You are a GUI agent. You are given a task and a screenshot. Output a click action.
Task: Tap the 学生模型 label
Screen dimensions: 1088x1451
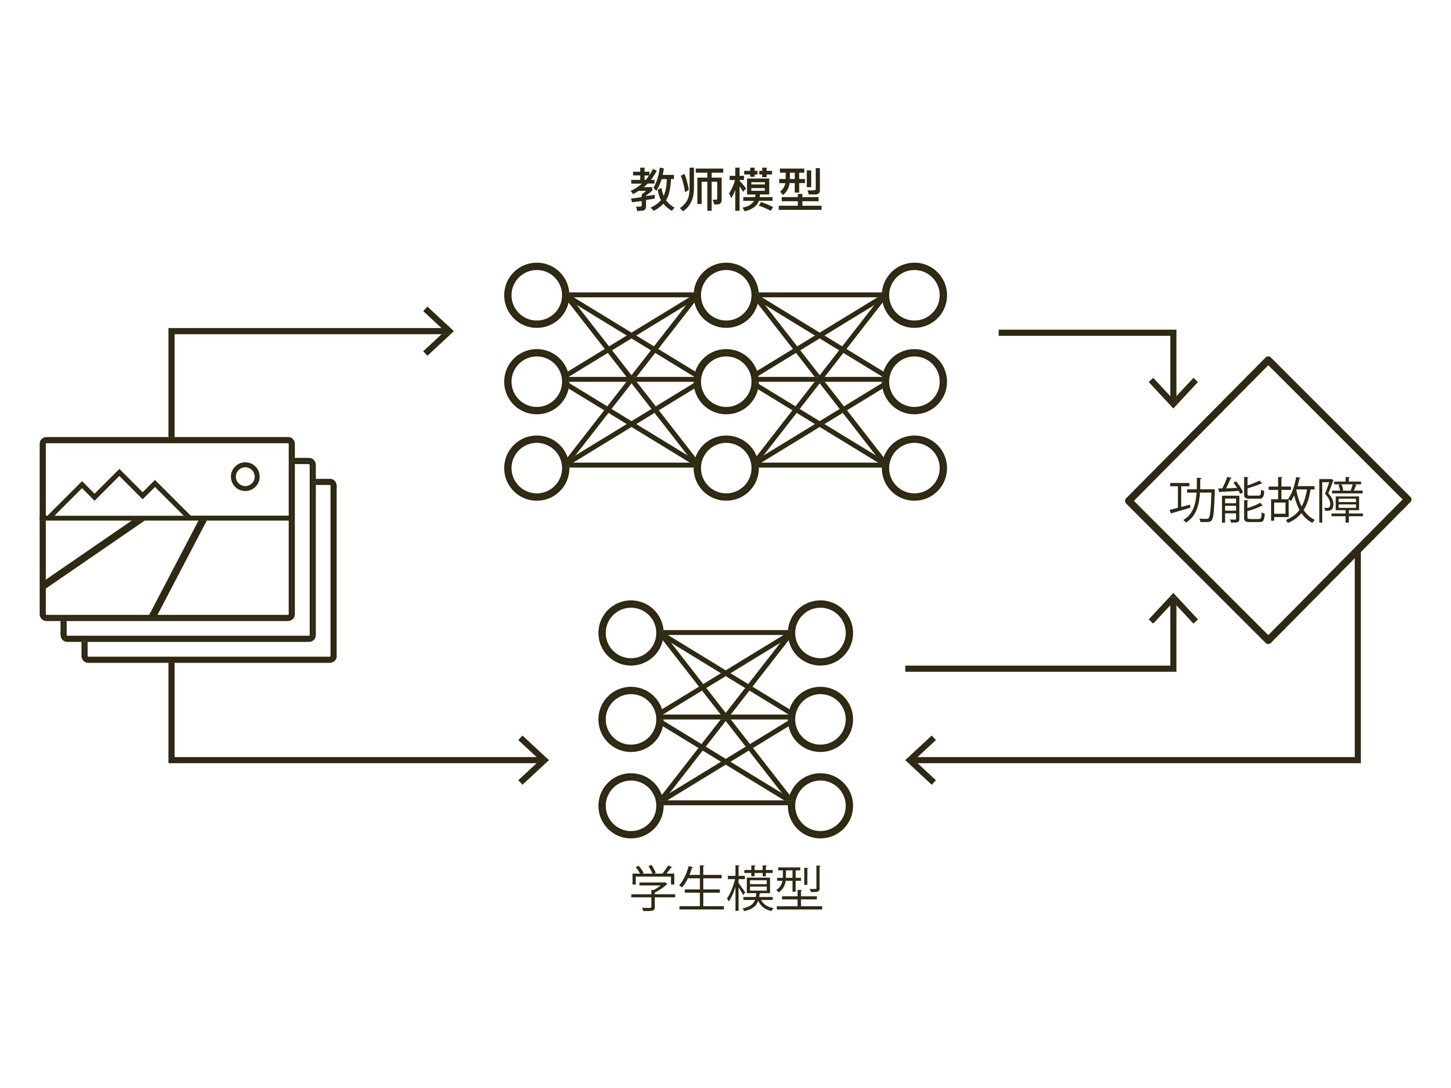pos(725,889)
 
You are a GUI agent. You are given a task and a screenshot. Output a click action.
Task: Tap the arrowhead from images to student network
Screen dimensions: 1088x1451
pos(535,760)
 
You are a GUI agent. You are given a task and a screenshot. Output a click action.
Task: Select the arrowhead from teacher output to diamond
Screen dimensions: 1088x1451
pos(1173,393)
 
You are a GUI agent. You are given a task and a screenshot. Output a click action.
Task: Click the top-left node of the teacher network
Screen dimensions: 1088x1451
pos(536,295)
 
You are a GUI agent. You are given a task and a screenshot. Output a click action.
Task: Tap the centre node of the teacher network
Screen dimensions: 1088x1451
pos(725,382)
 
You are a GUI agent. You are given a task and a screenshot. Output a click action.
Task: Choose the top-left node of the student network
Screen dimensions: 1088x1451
pos(631,633)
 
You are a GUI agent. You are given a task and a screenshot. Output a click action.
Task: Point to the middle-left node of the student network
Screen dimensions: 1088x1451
pos(631,719)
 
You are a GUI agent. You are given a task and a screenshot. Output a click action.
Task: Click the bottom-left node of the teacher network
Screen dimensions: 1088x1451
pos(536,468)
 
